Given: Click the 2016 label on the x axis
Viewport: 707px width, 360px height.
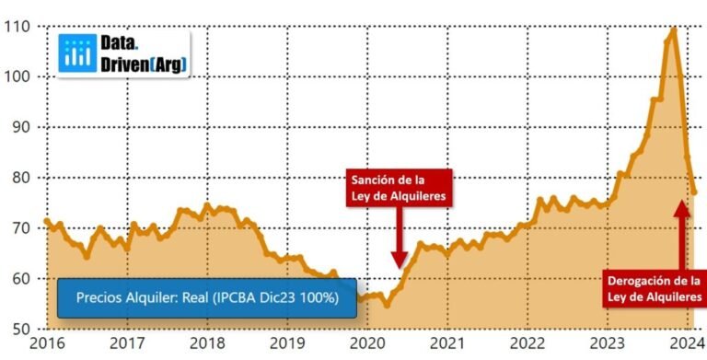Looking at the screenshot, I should pos(46,343).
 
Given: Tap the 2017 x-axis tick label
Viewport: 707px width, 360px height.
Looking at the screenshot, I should pos(125,343).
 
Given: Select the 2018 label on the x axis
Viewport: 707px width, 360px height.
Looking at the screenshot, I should pos(206,343).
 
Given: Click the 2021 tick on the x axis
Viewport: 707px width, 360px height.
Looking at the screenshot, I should pos(446,343).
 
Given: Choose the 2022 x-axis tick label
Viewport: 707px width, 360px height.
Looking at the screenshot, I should pos(527,343).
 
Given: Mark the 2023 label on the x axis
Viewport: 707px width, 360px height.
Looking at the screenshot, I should pos(607,343).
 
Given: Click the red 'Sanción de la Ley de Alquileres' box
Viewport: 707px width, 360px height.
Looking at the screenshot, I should pos(399,187).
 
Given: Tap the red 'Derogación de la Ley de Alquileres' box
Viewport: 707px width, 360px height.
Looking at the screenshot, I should pos(654,287).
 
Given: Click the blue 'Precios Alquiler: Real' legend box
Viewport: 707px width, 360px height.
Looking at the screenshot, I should pos(207,298).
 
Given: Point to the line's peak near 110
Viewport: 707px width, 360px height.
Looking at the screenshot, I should pos(673,29).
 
